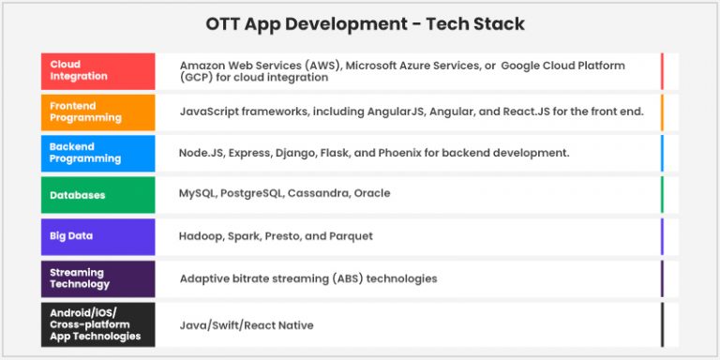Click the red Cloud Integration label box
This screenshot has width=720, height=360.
point(97,70)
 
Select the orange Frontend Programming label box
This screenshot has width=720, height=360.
point(97,112)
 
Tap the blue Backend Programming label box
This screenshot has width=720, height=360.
point(97,153)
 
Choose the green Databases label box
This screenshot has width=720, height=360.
point(97,195)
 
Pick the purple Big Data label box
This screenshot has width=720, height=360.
point(97,236)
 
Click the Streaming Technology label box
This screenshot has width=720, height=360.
point(97,278)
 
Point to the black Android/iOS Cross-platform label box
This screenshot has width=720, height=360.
point(97,324)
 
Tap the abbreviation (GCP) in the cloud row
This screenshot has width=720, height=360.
point(198,78)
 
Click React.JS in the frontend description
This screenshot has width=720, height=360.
point(530,112)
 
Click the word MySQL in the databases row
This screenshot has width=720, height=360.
point(197,194)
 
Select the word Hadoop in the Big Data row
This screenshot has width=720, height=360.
point(200,236)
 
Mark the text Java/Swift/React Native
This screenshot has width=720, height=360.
point(247,325)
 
